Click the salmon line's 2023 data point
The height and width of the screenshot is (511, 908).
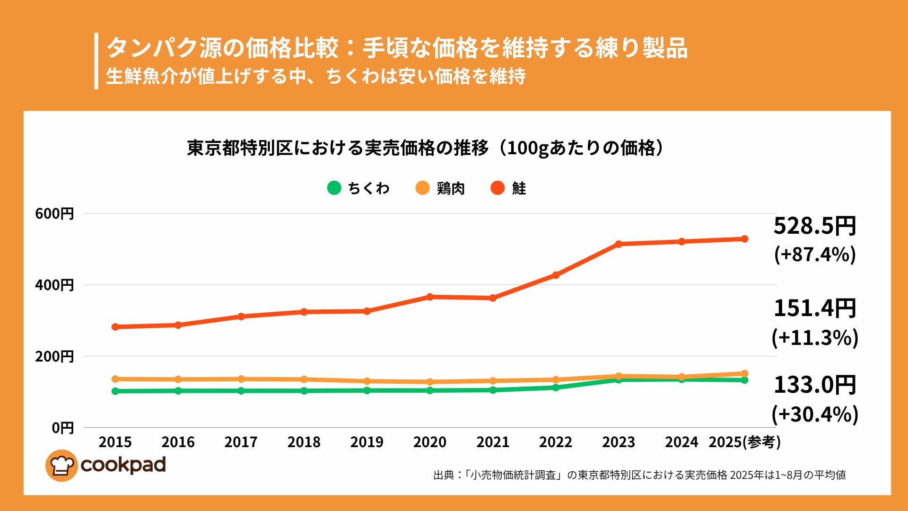[x=619, y=244]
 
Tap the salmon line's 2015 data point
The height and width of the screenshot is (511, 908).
[x=115, y=327]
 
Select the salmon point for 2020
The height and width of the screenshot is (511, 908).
[x=430, y=297]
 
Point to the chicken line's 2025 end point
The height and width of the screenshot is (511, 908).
[x=744, y=374]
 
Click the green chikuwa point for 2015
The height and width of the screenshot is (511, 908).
[x=115, y=391]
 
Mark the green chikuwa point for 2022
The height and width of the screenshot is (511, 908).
[x=556, y=388]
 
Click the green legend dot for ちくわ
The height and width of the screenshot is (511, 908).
[x=334, y=188]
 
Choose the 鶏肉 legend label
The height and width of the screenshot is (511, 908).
[x=451, y=188]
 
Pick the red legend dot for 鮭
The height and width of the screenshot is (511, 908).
[x=498, y=188]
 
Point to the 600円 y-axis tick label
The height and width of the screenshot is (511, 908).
[x=54, y=213]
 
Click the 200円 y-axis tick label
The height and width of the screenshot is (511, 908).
[x=54, y=356]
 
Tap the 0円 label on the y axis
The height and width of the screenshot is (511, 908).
[x=62, y=428]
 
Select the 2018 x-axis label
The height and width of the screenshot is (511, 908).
[x=304, y=442]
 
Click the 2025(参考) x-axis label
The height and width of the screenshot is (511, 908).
[x=744, y=442]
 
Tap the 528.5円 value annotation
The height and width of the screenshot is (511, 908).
[x=814, y=226]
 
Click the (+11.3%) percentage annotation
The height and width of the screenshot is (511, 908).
[x=814, y=338]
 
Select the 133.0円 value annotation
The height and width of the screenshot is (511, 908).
[x=814, y=385]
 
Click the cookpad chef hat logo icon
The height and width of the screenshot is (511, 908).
[x=61, y=466]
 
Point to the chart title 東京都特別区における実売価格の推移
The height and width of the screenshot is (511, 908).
[x=426, y=148]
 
